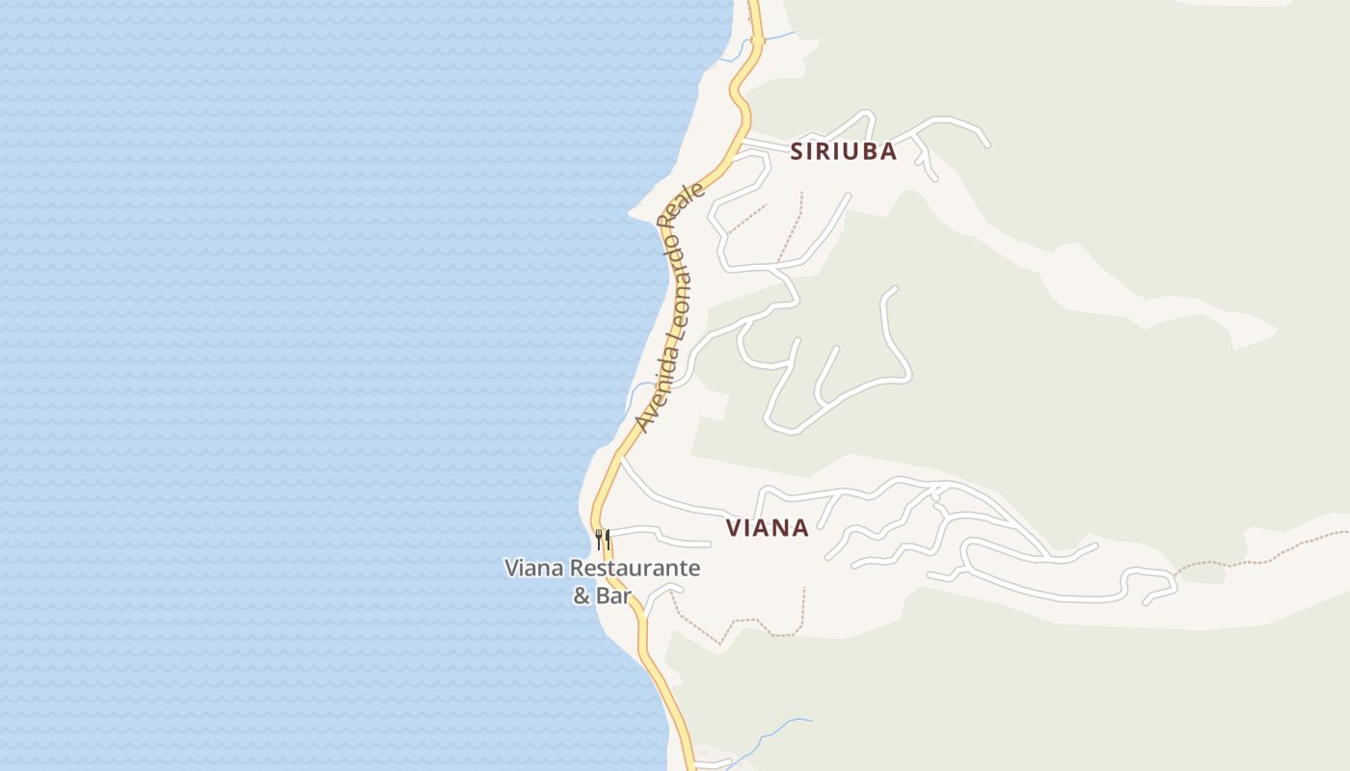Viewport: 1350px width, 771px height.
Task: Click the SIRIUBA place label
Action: click(x=844, y=151)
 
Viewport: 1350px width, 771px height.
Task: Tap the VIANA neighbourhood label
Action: click(x=768, y=528)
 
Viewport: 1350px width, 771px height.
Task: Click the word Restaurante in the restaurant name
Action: click(x=634, y=569)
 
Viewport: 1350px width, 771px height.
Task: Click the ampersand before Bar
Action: click(x=581, y=596)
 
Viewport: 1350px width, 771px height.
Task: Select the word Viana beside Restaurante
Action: click(x=533, y=569)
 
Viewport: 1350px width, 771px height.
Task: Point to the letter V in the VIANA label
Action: click(x=734, y=528)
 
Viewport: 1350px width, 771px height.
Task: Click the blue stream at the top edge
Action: click(x=779, y=37)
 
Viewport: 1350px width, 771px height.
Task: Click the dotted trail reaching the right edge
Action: click(x=1282, y=549)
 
